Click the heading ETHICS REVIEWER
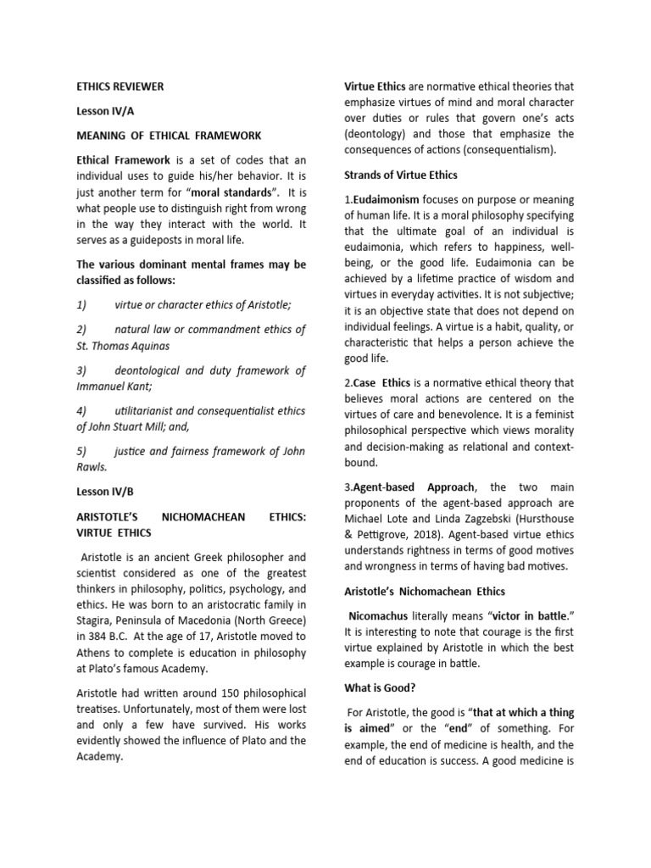tap(120, 86)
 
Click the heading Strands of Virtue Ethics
tap(400, 175)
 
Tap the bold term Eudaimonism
tap(386, 199)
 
